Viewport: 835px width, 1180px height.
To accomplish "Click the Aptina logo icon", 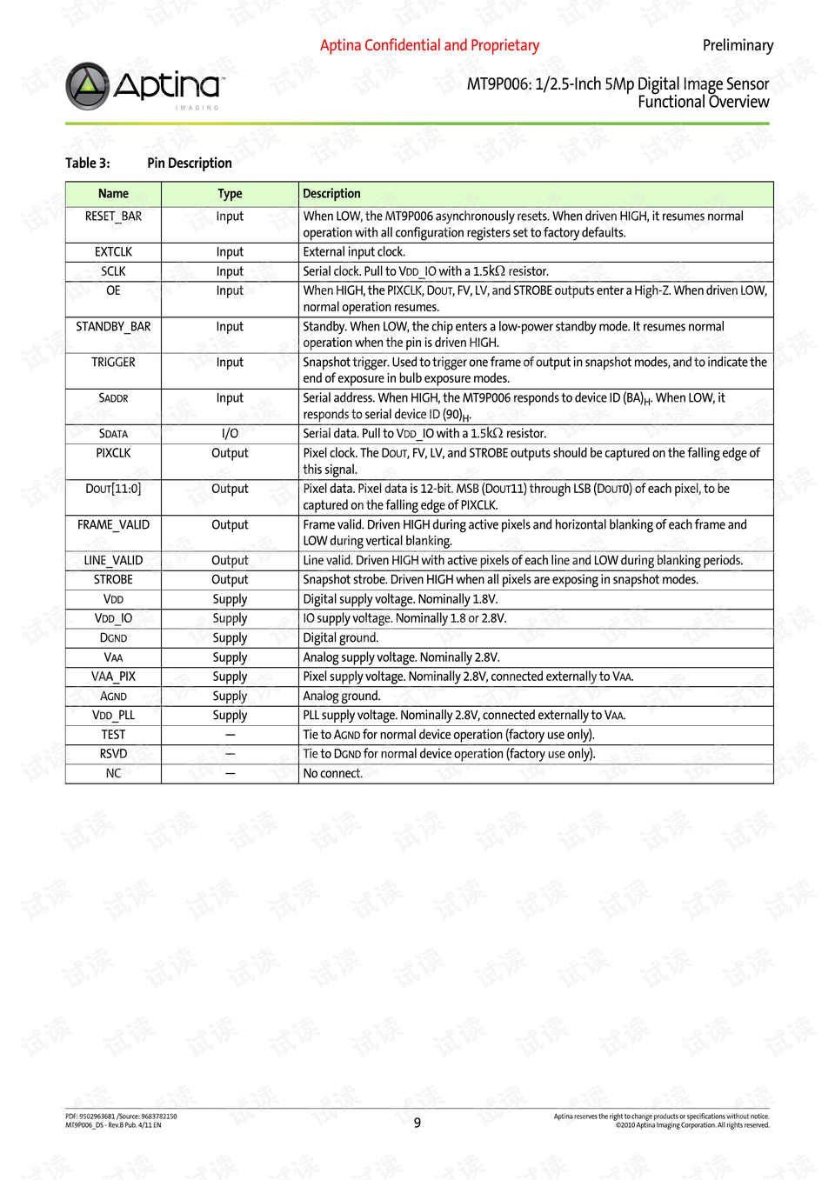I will [x=88, y=85].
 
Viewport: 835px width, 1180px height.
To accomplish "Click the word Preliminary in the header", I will [x=738, y=45].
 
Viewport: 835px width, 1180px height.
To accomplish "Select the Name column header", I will [x=113, y=194].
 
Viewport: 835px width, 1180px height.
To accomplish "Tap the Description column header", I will [x=331, y=194].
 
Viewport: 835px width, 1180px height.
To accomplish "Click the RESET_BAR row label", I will [x=113, y=217].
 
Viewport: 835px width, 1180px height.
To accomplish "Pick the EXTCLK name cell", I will [x=113, y=252].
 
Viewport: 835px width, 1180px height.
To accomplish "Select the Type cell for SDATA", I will [x=230, y=434].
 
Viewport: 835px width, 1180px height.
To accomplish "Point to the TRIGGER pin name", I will [x=113, y=363].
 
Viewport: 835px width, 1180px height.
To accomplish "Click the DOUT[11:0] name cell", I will [x=113, y=489].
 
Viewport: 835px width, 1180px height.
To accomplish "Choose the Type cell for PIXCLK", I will [x=230, y=453].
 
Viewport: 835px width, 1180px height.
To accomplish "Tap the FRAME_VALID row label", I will [x=113, y=525].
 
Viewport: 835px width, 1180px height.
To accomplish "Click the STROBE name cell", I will [x=113, y=580].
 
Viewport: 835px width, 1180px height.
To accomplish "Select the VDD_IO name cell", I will [x=113, y=618].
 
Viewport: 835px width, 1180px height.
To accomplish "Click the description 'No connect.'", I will [x=332, y=773].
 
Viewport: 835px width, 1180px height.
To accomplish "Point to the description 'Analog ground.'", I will [x=341, y=696].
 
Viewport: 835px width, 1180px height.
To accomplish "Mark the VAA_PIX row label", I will [x=113, y=677].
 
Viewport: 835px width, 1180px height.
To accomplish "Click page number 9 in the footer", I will [x=417, y=1123].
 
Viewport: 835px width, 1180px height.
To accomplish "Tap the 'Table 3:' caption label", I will [x=87, y=163].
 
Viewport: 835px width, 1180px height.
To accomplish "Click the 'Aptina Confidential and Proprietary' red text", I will [x=429, y=45].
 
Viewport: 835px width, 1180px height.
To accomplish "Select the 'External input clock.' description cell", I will [x=354, y=252].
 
